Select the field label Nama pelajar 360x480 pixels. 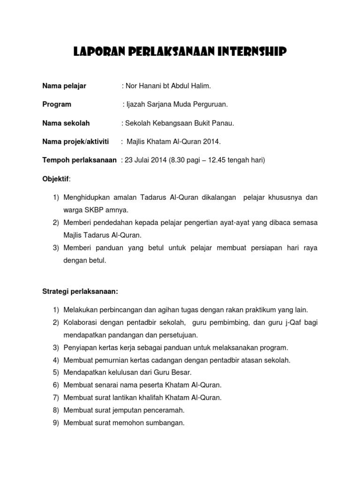pos(64,86)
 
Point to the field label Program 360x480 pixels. pos(57,104)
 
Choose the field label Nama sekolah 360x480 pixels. pos(66,123)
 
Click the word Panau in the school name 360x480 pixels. pos(223,123)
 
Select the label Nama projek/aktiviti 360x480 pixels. pos(75,142)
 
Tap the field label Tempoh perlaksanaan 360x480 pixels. pos(79,160)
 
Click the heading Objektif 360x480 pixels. pos(55,179)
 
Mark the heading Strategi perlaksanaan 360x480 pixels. pos(80,292)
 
